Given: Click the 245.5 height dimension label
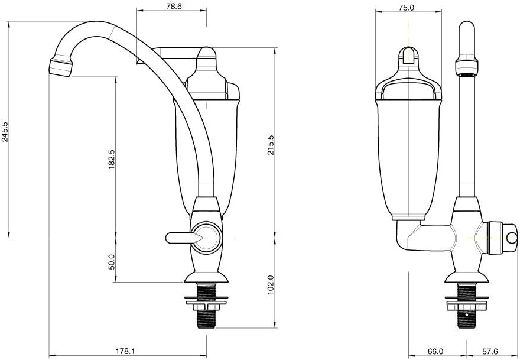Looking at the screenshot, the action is [5, 131].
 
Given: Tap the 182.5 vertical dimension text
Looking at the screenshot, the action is [112, 160].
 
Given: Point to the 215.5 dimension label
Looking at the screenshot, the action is [271, 145].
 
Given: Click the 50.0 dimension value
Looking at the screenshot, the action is [112, 262].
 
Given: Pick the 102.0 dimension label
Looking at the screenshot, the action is [271, 284].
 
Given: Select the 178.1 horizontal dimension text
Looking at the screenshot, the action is [126, 351].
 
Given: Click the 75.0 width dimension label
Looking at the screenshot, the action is [407, 7].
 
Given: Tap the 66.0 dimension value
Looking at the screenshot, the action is [435, 351].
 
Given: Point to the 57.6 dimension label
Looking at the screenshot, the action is [489, 351].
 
